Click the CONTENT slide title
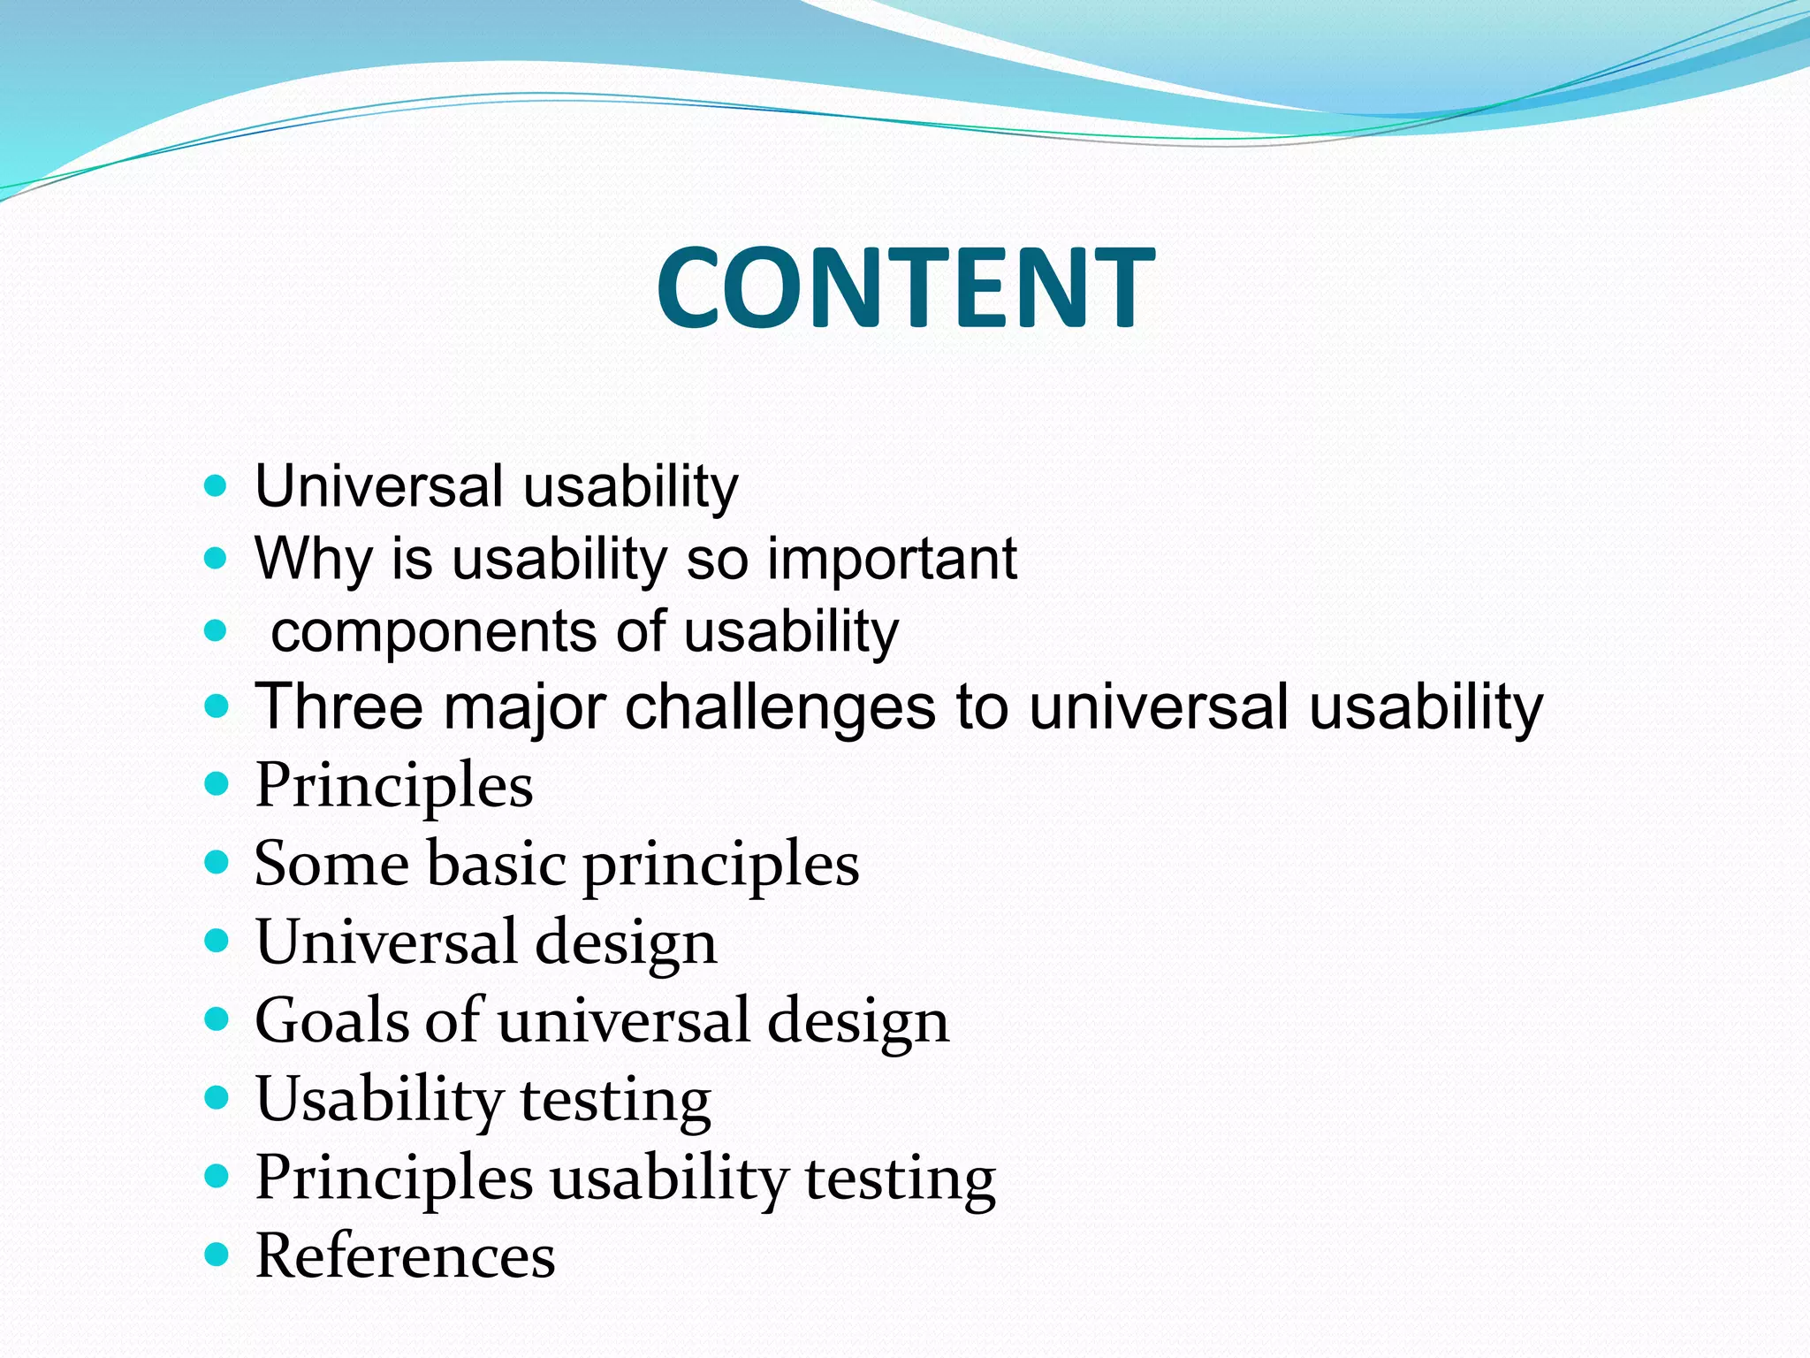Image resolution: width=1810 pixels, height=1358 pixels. pyautogui.click(x=905, y=288)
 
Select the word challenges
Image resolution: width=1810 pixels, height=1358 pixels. pyautogui.click(x=780, y=708)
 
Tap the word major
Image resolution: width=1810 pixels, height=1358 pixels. pyautogui.click(x=524, y=708)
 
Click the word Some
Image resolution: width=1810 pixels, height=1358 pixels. pyautogui.click(x=331, y=863)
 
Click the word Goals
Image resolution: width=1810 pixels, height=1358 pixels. pyautogui.click(x=332, y=1020)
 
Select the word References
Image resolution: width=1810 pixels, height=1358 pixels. pyautogui.click(x=405, y=1255)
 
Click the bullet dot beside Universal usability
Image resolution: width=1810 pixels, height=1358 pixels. pyautogui.click(x=216, y=485)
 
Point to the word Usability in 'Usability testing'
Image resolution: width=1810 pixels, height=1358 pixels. pyautogui.click(x=379, y=1100)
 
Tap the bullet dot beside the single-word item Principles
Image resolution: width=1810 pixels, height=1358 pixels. pyautogui.click(x=216, y=783)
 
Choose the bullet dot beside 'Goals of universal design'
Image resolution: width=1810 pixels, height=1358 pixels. pyautogui.click(x=216, y=1019)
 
